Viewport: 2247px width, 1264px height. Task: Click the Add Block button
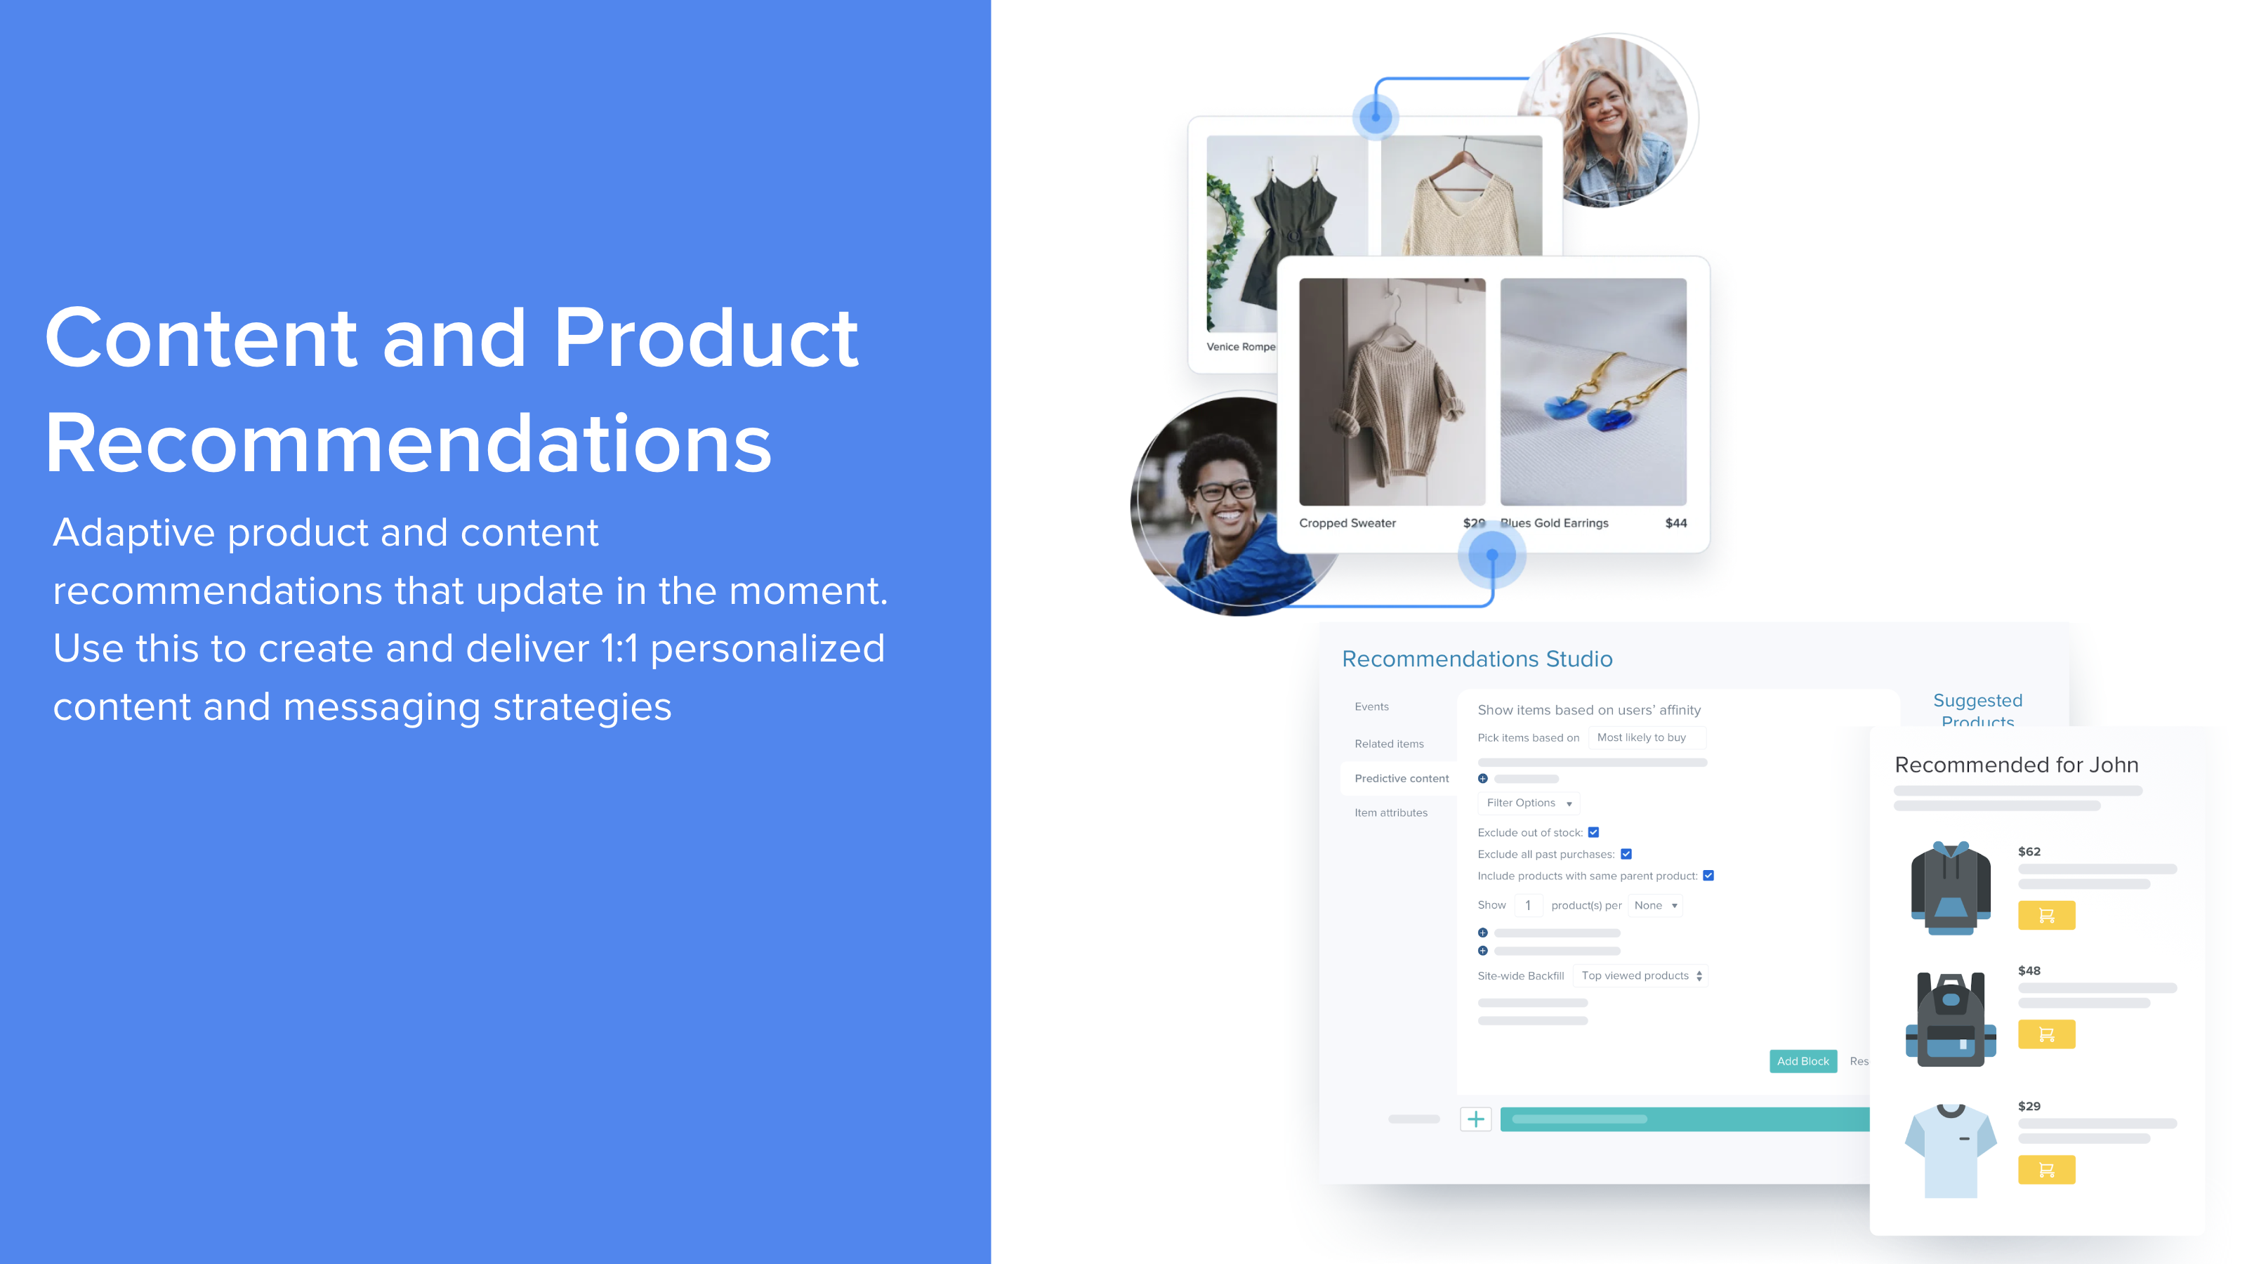coord(1802,1061)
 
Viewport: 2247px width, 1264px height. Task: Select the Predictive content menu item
coord(1401,778)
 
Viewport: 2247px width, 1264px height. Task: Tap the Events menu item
coord(1371,706)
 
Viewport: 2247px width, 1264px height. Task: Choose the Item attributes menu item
coord(1390,812)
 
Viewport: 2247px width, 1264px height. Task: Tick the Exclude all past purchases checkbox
coord(1626,854)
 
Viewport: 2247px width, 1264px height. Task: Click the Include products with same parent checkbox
coord(1708,876)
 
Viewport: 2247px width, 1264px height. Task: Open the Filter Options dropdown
coord(1528,803)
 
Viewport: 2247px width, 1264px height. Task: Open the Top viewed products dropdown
coord(1641,975)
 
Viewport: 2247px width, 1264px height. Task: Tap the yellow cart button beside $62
coord(2045,915)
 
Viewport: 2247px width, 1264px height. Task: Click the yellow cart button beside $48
coord(2045,1034)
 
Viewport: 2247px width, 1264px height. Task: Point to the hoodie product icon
coord(1951,887)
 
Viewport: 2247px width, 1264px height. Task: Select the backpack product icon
coord(1951,1019)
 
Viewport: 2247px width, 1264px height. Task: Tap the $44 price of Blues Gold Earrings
coord(1675,522)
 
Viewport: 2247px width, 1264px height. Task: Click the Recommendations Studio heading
coord(1477,659)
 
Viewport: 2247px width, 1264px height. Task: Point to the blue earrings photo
coord(1593,392)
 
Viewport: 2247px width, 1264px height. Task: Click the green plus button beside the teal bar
coord(1475,1119)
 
